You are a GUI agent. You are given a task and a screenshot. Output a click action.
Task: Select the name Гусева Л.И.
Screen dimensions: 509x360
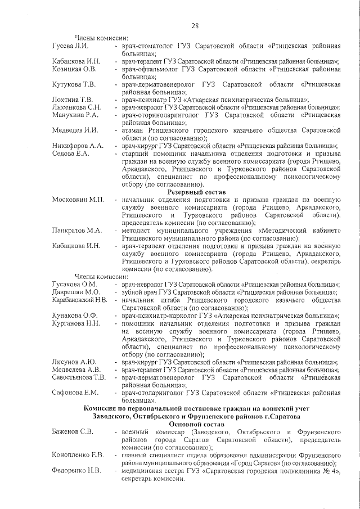(69, 44)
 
